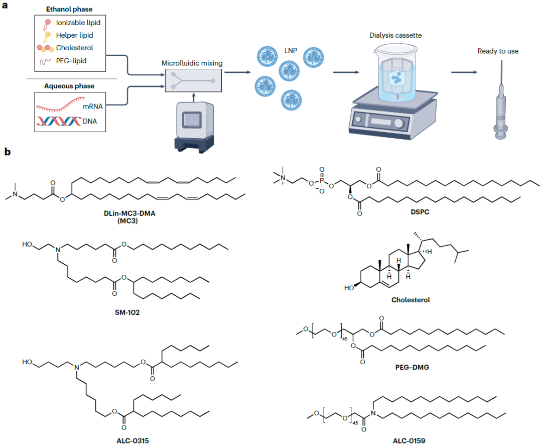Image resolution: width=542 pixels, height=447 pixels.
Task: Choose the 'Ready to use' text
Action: tap(498, 51)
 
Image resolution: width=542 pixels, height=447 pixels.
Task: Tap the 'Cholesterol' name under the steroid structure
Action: tap(411, 300)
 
